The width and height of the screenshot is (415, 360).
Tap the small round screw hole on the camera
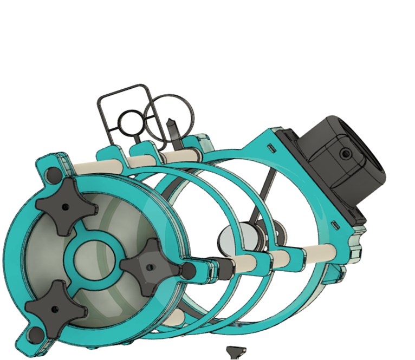coord(343,154)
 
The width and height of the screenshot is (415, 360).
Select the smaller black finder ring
coord(131,124)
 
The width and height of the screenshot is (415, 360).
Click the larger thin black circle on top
coord(169,119)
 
